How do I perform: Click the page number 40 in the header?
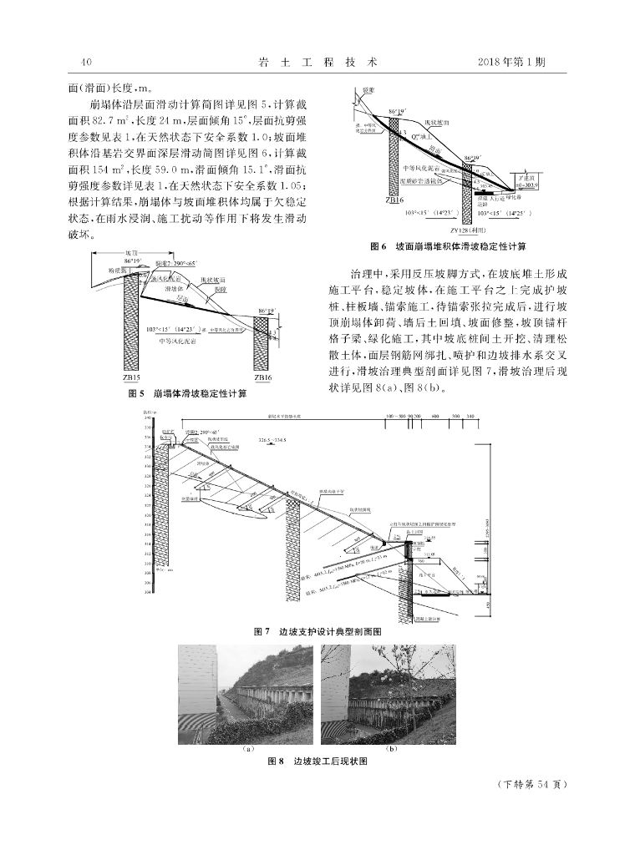84,62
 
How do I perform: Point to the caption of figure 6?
448,247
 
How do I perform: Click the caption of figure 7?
318,632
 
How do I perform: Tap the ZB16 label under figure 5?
262,377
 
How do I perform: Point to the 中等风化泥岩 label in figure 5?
175,341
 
